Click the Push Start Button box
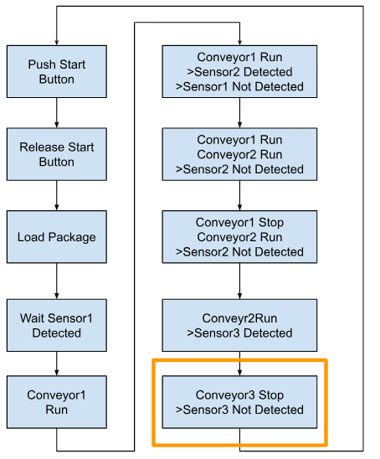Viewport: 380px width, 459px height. tap(57, 71)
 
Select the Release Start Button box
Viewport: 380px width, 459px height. tap(57, 154)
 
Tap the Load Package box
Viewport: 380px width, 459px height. tap(57, 236)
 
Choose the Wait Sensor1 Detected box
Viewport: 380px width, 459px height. tap(57, 325)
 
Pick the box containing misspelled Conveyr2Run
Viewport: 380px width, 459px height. tap(239, 325)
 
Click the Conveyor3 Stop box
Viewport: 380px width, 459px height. tap(239, 402)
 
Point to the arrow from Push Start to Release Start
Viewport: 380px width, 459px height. tap(57, 113)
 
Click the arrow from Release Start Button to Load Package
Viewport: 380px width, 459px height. tap(57, 195)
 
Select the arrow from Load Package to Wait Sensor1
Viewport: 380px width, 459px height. tap(57, 281)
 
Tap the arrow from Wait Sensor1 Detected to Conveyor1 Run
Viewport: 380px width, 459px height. tap(57, 364)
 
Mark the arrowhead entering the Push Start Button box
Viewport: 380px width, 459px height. tap(57, 43)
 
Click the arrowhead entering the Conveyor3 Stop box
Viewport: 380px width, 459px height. tap(239, 373)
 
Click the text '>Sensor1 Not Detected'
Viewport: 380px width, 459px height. tap(239, 86)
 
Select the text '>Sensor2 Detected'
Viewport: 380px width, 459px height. tap(239, 72)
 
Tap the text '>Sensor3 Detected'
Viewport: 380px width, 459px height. tap(239, 333)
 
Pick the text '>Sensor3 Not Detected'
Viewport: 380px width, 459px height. tap(239, 410)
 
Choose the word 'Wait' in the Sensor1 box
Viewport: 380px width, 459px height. tap(32, 318)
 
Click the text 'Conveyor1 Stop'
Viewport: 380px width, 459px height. tap(239, 223)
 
